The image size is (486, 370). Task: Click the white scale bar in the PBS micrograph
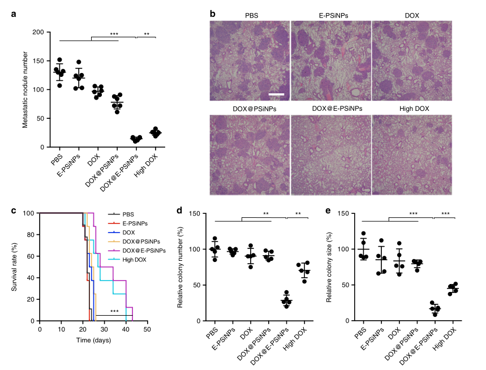tap(276, 94)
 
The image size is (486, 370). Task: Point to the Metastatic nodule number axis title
tap(25, 89)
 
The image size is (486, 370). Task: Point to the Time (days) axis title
tap(93, 341)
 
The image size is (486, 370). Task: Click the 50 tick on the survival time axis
tap(147, 328)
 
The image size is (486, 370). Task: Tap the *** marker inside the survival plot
tap(114, 311)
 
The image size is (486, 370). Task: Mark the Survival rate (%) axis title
tap(15, 267)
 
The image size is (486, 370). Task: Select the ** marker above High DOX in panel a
tap(147, 34)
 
